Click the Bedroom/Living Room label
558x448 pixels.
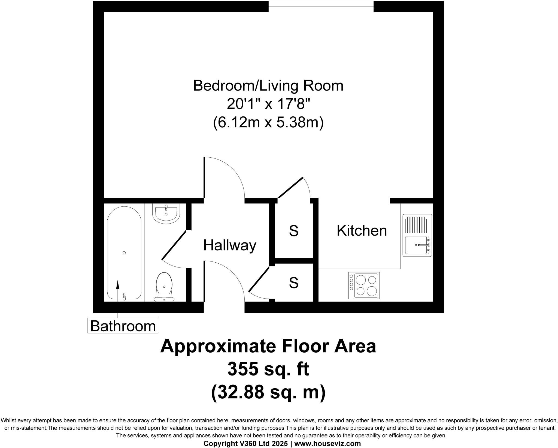coord(268,86)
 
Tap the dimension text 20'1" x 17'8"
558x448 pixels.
coord(268,104)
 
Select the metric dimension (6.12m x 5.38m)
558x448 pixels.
coord(268,123)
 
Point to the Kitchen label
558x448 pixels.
coord(362,231)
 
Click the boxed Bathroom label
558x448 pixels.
coord(123,326)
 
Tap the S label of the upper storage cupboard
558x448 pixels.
coord(293,231)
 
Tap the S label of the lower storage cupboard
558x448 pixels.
coord(293,283)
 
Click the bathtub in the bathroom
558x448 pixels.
coord(124,253)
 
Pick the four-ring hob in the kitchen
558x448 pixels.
coord(364,285)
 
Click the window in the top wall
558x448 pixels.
coord(321,7)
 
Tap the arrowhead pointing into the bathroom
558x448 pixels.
coord(118,284)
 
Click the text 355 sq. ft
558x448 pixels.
coord(268,369)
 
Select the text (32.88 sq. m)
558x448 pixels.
coord(268,392)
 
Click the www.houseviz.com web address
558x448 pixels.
coord(327,444)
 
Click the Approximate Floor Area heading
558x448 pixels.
coord(268,346)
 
